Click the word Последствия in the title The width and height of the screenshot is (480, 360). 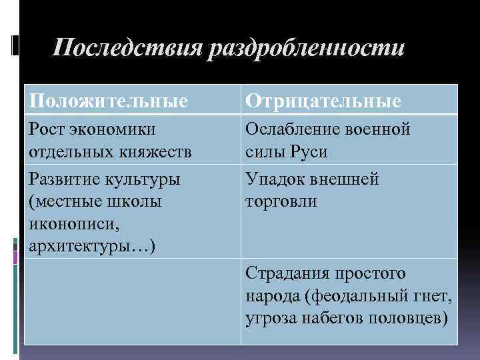pos(128,49)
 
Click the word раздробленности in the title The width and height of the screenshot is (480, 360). pos(306,49)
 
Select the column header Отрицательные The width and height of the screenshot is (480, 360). pos(323,101)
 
